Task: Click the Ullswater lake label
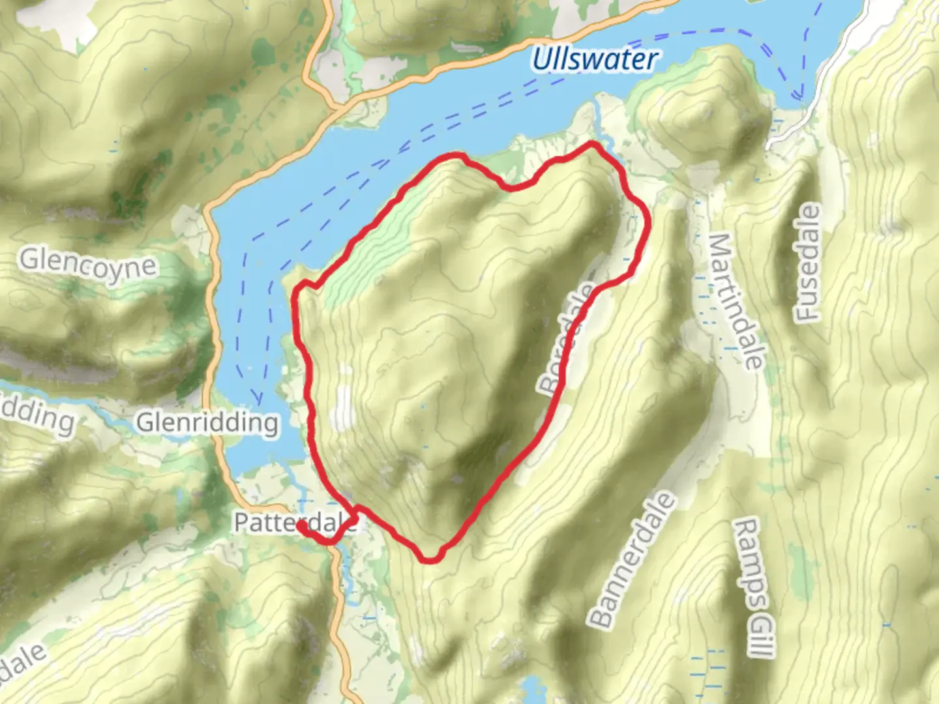click(x=594, y=59)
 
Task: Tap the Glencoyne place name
click(x=88, y=264)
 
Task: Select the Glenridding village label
click(x=207, y=423)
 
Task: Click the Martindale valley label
click(x=736, y=301)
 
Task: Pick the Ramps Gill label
click(x=755, y=587)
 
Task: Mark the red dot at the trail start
click(x=302, y=525)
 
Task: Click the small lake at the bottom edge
click(x=533, y=690)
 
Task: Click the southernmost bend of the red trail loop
click(x=428, y=559)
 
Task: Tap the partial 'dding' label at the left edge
click(x=37, y=416)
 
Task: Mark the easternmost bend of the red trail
click(x=648, y=222)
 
